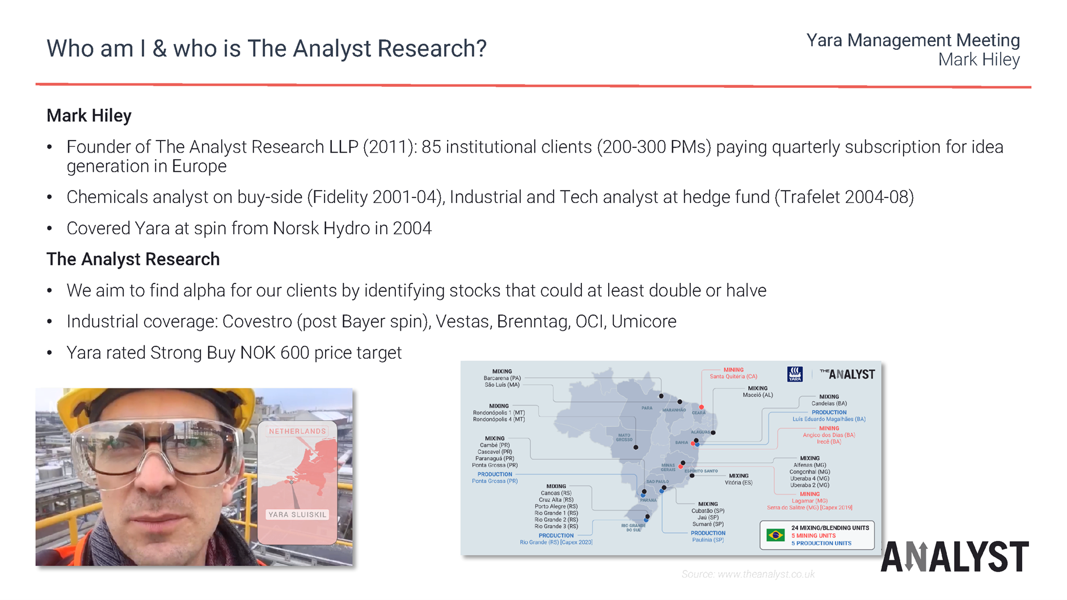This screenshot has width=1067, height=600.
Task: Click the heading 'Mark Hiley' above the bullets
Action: pyautogui.click(x=89, y=116)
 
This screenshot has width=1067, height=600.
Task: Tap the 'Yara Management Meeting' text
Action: pyautogui.click(x=913, y=40)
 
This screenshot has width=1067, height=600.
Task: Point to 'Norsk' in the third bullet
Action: pyautogui.click(x=296, y=229)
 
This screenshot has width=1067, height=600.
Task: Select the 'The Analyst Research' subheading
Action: pyautogui.click(x=133, y=259)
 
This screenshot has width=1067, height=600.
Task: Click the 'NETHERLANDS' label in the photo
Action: pyautogui.click(x=297, y=431)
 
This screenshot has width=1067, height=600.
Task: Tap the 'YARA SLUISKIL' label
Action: pyautogui.click(x=297, y=514)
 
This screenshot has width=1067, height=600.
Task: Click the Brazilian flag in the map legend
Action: pyautogui.click(x=775, y=535)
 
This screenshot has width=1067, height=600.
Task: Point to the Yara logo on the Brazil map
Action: pyautogui.click(x=795, y=374)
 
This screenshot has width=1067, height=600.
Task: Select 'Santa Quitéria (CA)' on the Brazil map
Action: pyautogui.click(x=733, y=377)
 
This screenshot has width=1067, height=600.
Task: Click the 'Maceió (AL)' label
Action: pyautogui.click(x=757, y=395)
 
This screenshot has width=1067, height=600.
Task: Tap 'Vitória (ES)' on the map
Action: pyautogui.click(x=738, y=483)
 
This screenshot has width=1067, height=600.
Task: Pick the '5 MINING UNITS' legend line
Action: pyautogui.click(x=813, y=535)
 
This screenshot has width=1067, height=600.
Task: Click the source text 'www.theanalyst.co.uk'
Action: pyautogui.click(x=766, y=574)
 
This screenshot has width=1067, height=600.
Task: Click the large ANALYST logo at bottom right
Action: pyautogui.click(x=955, y=556)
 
